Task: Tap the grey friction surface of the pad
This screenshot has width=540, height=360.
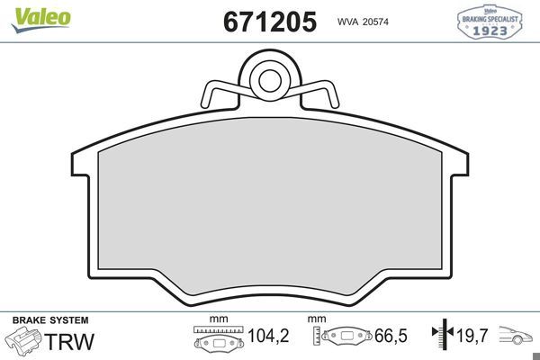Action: click(x=269, y=216)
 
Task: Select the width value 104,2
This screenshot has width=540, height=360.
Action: click(x=268, y=337)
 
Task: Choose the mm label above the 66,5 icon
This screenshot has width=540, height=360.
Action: click(x=316, y=319)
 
